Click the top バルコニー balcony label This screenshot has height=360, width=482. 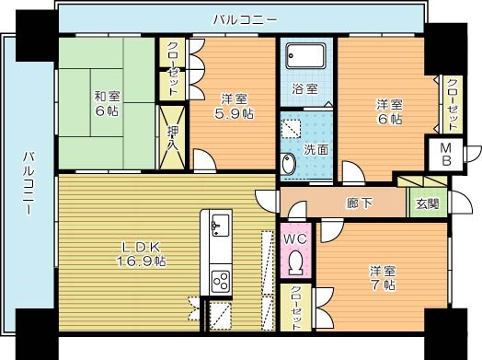240,17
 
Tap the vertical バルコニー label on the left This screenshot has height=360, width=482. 29,184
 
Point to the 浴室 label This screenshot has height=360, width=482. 305,89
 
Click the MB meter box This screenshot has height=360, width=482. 443,153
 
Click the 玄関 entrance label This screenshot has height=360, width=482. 428,203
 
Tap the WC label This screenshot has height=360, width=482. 295,240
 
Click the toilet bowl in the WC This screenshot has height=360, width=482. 295,263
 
